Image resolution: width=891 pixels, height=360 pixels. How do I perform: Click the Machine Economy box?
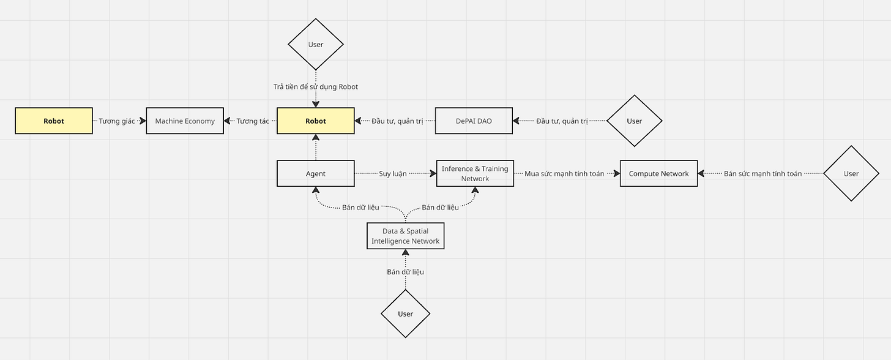185,121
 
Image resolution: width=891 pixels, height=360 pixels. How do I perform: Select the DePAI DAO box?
474,121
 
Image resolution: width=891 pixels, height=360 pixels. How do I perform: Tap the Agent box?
316,173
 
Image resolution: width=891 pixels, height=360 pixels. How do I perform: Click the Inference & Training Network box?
475,173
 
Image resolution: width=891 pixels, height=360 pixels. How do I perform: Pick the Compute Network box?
658,173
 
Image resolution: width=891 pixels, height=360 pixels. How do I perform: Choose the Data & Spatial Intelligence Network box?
405,236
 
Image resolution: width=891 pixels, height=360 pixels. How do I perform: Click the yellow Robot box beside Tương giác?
54,121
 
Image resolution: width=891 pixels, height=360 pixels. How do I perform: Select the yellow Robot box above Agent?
316,121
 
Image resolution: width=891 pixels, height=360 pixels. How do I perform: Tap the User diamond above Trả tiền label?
316,44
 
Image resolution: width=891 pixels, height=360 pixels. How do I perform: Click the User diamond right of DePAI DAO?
634,121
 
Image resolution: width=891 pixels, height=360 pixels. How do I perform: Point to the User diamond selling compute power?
851,173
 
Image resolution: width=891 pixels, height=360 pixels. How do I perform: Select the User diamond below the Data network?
405,313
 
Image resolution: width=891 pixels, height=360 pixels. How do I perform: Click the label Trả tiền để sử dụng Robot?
316,87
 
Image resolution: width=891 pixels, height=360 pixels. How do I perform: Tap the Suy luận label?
393,174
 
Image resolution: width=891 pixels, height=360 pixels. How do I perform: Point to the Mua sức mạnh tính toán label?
564,174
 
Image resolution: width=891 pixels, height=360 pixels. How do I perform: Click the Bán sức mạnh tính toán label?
762,174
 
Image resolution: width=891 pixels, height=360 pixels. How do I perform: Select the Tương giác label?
116,121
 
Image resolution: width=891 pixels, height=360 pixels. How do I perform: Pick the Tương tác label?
253,121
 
